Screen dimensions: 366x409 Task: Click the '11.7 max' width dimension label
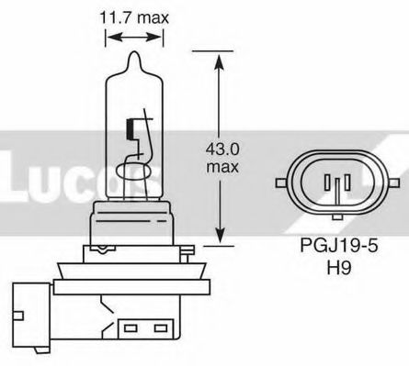[135, 16]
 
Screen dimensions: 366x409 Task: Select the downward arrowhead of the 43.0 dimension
[218, 239]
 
